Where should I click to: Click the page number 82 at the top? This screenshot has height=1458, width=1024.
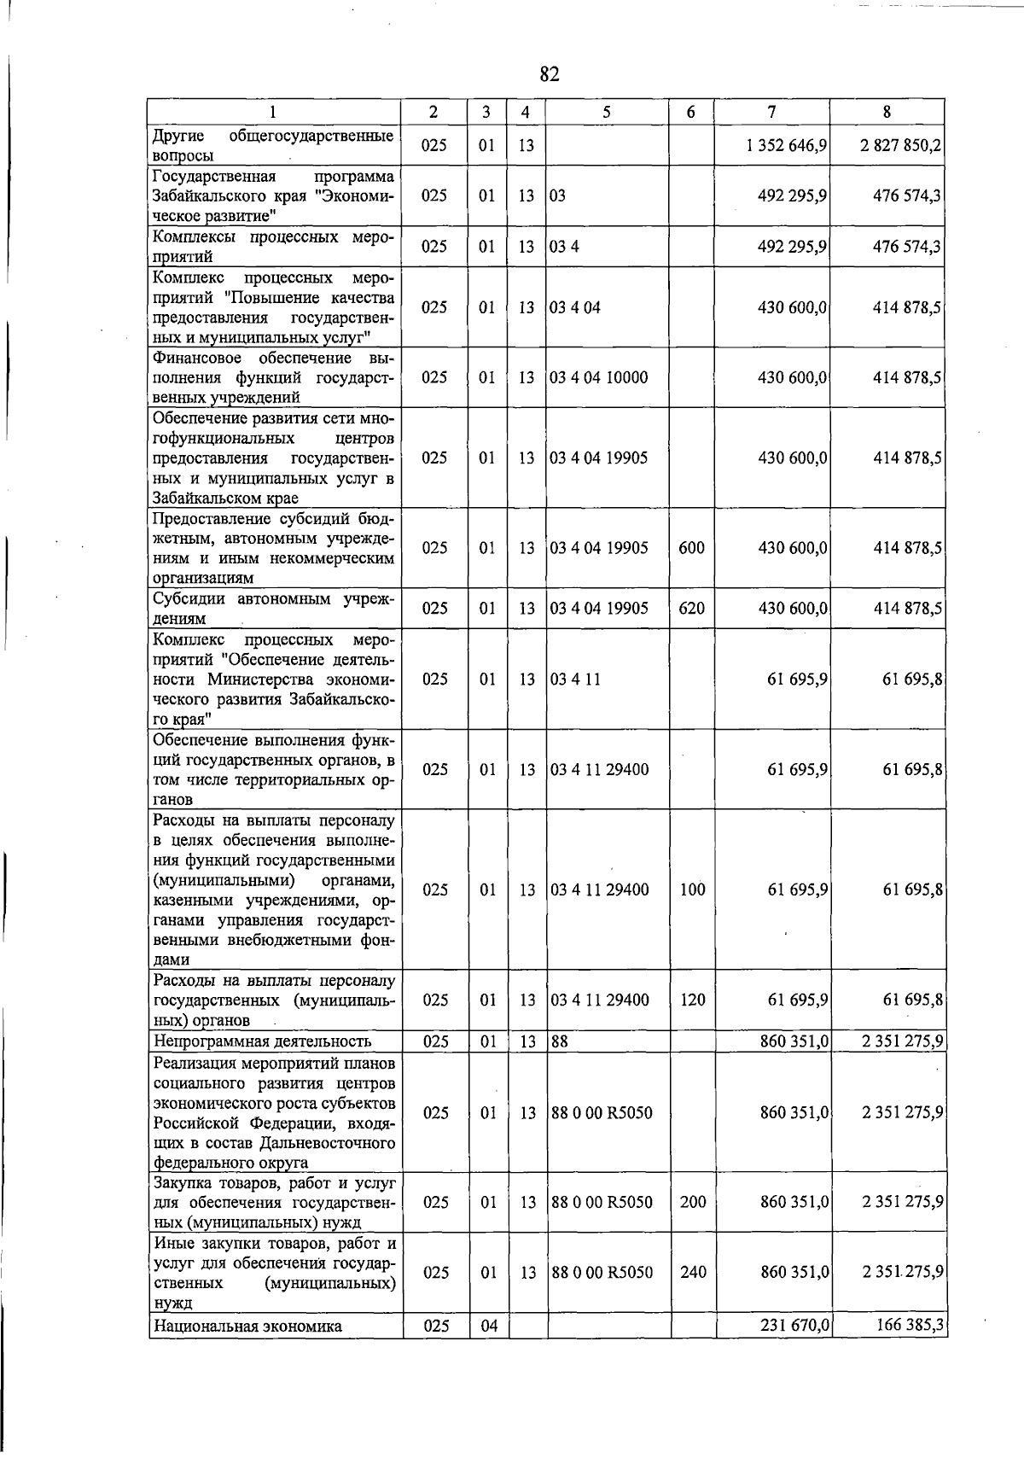point(550,74)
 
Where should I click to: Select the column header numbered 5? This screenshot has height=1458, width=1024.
point(606,112)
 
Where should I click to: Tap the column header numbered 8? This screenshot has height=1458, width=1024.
point(887,112)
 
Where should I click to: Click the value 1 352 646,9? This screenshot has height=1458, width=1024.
point(787,146)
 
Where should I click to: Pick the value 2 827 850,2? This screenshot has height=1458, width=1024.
point(901,146)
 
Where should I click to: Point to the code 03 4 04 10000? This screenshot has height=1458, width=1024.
point(599,377)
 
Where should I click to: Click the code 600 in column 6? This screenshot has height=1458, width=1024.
point(691,548)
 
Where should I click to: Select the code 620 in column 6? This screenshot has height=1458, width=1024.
point(691,609)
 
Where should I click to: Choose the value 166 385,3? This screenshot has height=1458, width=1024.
point(909,1326)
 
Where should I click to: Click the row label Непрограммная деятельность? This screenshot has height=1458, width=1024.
point(262,1041)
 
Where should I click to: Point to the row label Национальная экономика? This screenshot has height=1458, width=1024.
point(247,1327)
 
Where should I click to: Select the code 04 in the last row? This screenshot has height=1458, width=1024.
point(488,1327)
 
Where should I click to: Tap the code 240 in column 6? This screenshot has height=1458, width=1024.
point(693,1273)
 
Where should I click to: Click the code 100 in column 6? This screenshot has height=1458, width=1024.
point(693,890)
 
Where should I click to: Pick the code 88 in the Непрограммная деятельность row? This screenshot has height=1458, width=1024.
point(559,1041)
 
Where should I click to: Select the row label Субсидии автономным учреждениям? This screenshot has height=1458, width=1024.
point(273,609)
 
